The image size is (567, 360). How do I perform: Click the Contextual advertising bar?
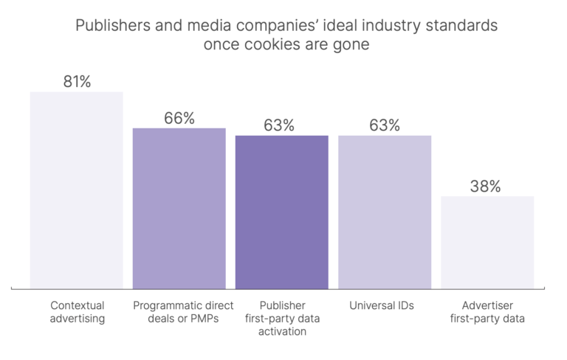coord(76,190)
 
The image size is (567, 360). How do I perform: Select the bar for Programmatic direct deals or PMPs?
coord(179,208)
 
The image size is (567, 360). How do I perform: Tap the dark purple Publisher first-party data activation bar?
coord(281,212)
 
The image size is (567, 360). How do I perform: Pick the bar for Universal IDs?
coord(384,212)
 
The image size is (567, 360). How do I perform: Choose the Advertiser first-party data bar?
coord(487,242)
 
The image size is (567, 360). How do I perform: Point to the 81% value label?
coord(77,82)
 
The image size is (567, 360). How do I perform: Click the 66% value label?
coord(179,118)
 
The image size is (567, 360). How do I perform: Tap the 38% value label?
coord(485,187)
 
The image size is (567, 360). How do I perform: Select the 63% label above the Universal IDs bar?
coord(385,125)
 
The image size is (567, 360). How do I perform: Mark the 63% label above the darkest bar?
coord(279,125)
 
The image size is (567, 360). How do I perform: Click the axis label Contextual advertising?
coord(78,312)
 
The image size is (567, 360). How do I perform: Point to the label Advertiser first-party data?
coord(488,312)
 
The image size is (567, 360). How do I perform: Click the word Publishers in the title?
coord(109,26)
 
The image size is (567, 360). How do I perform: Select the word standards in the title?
coord(463,26)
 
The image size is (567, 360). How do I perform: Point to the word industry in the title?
coord(394,26)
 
